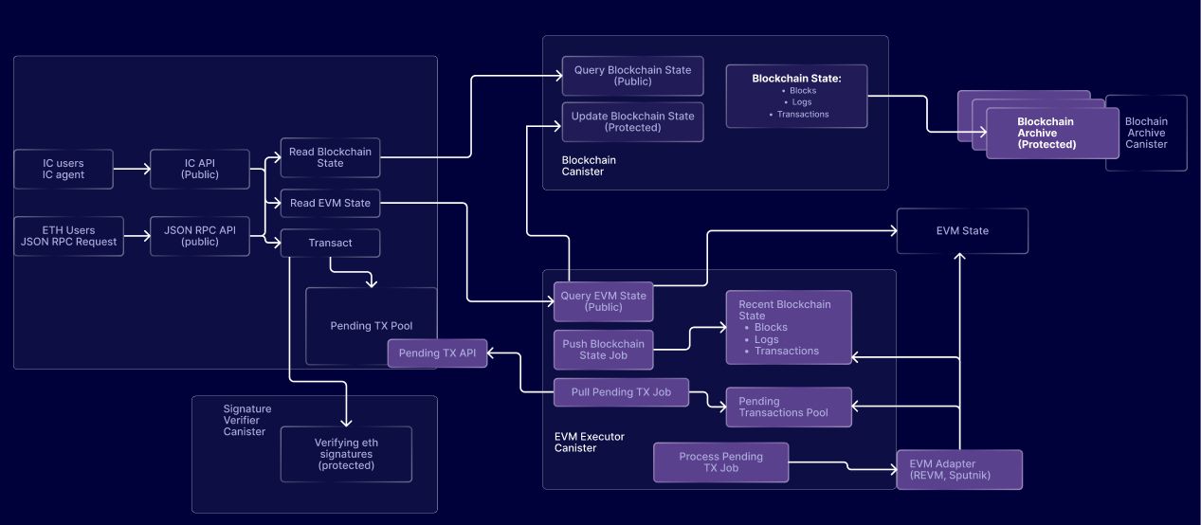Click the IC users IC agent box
tap(64, 169)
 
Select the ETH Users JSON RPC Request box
tap(68, 236)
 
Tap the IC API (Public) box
tap(199, 169)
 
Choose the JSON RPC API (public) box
tap(199, 236)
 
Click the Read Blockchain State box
tap(330, 157)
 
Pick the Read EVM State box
tap(330, 203)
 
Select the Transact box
tap(330, 243)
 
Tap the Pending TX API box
tap(437, 353)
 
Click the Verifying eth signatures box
tap(346, 454)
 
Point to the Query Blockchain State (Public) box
tap(632, 76)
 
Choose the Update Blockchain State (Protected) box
tap(632, 121)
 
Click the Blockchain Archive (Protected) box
tap(1052, 133)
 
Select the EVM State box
tap(962, 230)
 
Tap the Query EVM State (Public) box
tap(603, 301)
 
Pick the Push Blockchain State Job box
tap(603, 350)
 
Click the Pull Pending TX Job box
tap(621, 392)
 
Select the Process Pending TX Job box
tap(720, 462)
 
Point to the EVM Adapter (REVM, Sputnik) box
tap(959, 470)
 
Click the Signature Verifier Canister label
tap(247, 420)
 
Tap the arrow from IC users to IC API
tap(132, 169)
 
